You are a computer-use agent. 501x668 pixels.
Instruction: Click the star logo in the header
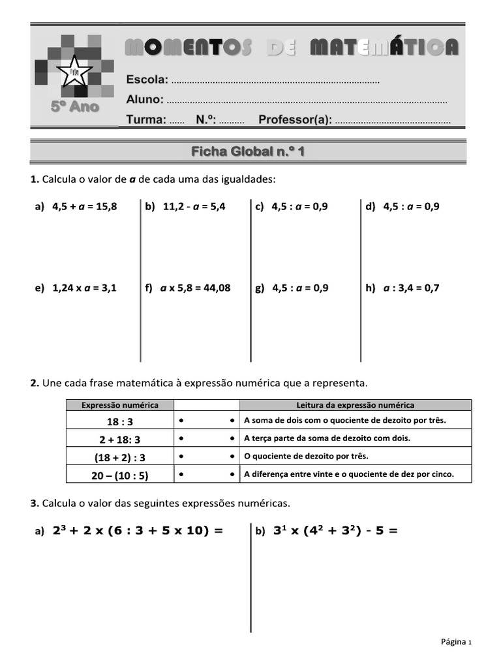pyautogui.click(x=74, y=70)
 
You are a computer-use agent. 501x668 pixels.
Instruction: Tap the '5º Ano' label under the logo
pyautogui.click(x=75, y=107)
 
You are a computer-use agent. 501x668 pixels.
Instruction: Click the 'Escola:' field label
pyautogui.click(x=147, y=80)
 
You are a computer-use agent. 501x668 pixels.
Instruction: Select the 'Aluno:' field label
pyautogui.click(x=145, y=100)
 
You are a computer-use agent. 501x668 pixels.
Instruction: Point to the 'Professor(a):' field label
pyautogui.click(x=295, y=120)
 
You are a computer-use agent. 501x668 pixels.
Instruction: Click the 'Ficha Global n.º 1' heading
pyautogui.click(x=248, y=152)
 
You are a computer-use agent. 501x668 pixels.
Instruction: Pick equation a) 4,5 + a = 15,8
pyautogui.click(x=76, y=207)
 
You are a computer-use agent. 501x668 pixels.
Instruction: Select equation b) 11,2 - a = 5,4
pyautogui.click(x=186, y=207)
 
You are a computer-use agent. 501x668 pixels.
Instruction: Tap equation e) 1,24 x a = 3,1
pyautogui.click(x=76, y=288)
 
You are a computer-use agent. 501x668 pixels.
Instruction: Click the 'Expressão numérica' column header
pyautogui.click(x=119, y=405)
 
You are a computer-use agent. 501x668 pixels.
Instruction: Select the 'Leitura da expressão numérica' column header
pyautogui.click(x=355, y=405)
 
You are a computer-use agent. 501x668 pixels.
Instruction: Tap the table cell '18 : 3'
pyautogui.click(x=120, y=421)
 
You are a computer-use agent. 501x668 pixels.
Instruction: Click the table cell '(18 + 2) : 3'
pyautogui.click(x=120, y=457)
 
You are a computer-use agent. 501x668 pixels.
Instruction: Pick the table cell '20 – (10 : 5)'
pyautogui.click(x=120, y=476)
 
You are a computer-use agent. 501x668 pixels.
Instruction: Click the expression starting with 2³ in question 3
pyautogui.click(x=137, y=531)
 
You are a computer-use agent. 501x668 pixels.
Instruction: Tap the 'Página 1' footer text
pyautogui.click(x=455, y=642)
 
